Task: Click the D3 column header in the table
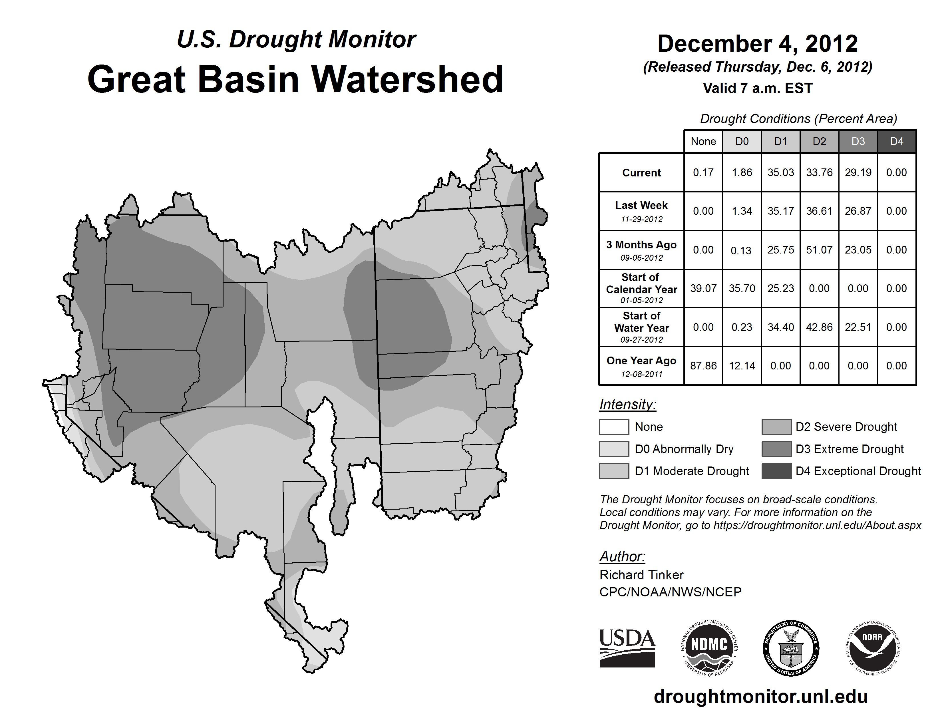pyautogui.click(x=858, y=141)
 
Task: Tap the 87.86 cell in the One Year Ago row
pyautogui.click(x=703, y=366)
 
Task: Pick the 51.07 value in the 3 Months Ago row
pyautogui.click(x=819, y=250)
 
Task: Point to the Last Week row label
pyautogui.click(x=641, y=211)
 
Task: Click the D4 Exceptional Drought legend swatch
pyautogui.click(x=776, y=471)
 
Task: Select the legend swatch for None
pyautogui.click(x=614, y=427)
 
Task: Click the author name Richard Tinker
pyautogui.click(x=641, y=575)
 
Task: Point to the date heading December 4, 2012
pyautogui.click(x=757, y=44)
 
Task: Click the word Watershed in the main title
pyautogui.click(x=407, y=79)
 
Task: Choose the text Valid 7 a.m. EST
pyautogui.click(x=757, y=89)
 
